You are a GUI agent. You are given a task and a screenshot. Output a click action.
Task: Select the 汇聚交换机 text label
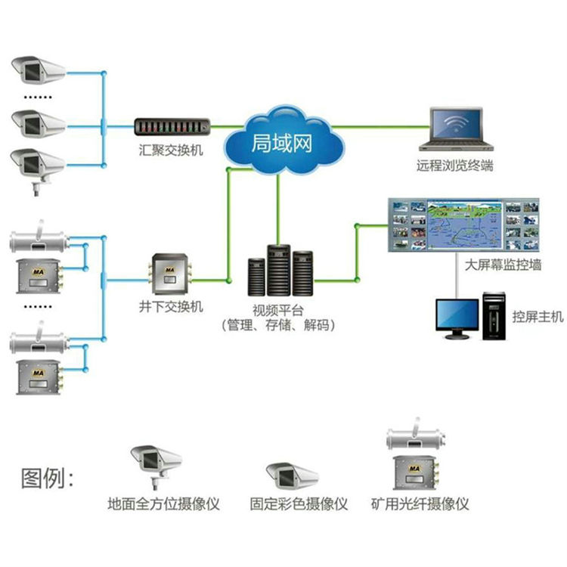pyautogui.click(x=171, y=151)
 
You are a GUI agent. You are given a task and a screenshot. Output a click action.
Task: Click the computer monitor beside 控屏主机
pyautogui.click(x=458, y=318)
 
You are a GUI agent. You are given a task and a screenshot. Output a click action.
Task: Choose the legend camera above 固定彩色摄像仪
pyautogui.click(x=293, y=475)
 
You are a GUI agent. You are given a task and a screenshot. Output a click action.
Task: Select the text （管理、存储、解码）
pyautogui.click(x=278, y=325)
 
